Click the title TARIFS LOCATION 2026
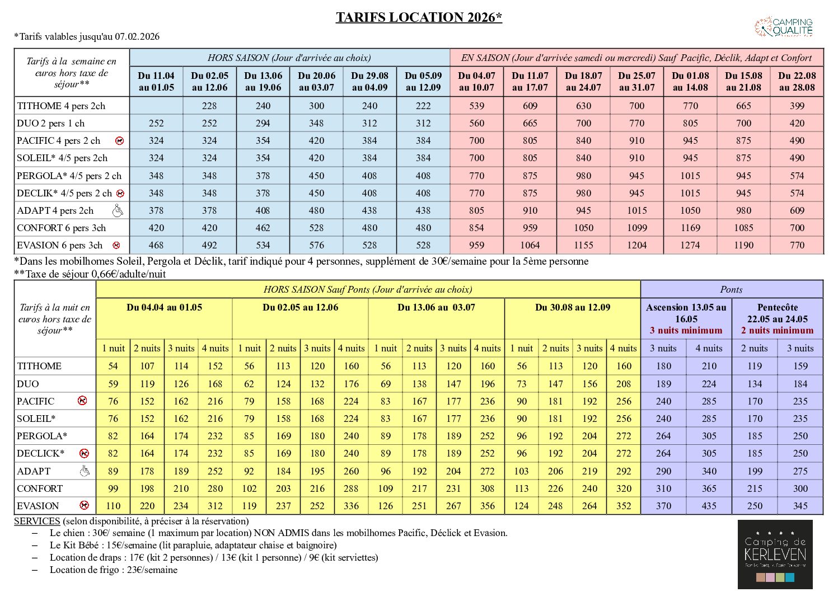click(x=419, y=17)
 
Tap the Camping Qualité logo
click(x=784, y=27)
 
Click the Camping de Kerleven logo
click(x=775, y=553)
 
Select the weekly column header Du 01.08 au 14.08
click(x=690, y=82)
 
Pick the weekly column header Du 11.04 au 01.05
click(x=156, y=82)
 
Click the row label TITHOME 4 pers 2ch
click(x=61, y=106)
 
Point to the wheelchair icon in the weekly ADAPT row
click(x=118, y=211)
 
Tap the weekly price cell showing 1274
click(x=690, y=245)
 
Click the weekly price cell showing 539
click(x=476, y=106)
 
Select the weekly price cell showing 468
click(x=156, y=245)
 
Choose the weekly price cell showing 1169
click(x=690, y=228)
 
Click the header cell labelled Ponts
click(x=731, y=289)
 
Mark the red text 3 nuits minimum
click(x=686, y=330)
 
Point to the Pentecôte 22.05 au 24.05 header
click(x=777, y=313)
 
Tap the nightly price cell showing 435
click(x=709, y=506)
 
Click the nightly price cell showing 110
click(x=113, y=506)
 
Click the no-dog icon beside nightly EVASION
click(x=84, y=506)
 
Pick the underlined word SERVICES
click(x=37, y=521)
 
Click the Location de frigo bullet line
click(x=114, y=570)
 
